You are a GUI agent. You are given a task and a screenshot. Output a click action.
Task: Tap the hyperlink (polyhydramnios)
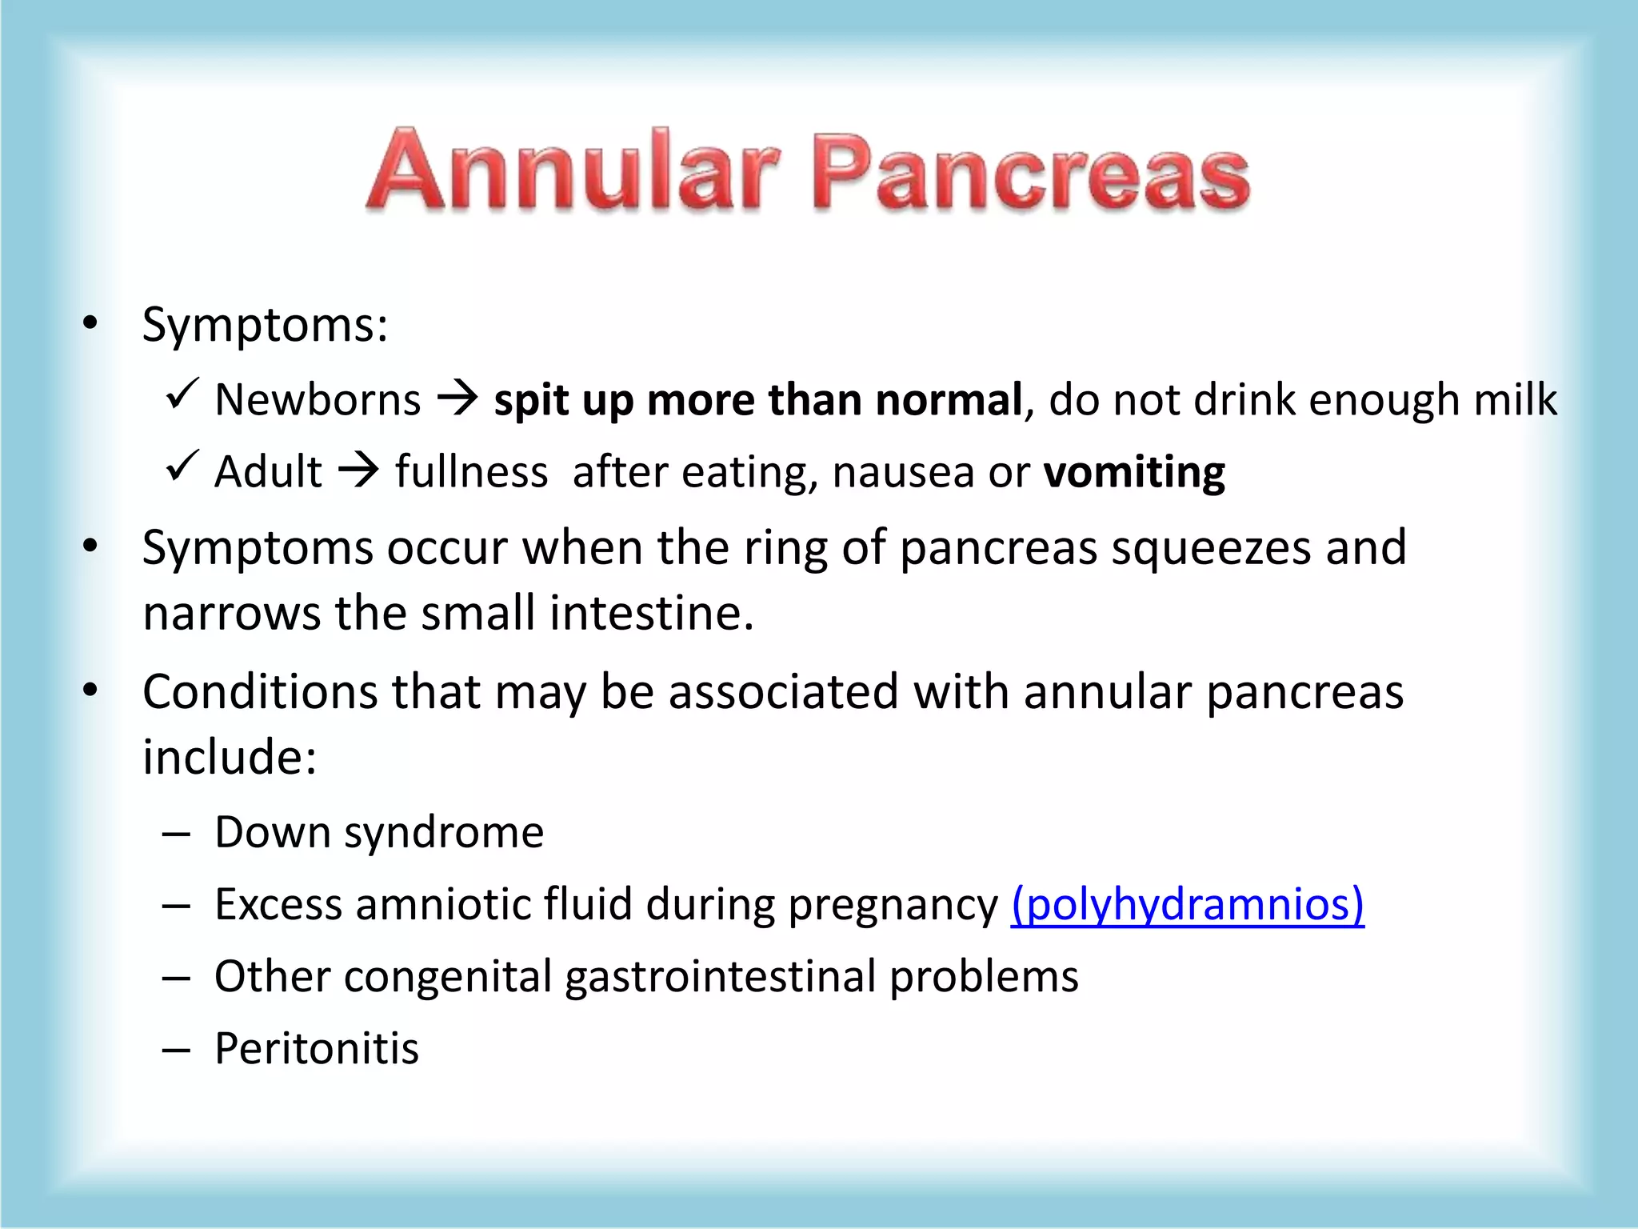coord(1187,905)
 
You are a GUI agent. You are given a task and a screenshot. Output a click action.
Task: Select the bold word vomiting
coord(1134,472)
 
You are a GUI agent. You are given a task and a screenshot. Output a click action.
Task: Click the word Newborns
coord(318,399)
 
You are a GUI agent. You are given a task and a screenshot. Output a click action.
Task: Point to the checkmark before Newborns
coord(182,394)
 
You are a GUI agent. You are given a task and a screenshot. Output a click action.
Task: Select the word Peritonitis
coord(317,1048)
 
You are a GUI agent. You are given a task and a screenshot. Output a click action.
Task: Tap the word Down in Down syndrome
coord(272,832)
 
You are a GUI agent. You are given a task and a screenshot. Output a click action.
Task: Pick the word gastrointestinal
coord(720,977)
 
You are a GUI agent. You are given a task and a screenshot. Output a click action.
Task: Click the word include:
coord(230,757)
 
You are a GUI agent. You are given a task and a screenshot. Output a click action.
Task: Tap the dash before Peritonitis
coord(176,1050)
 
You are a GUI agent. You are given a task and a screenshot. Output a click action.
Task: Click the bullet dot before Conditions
coord(90,690)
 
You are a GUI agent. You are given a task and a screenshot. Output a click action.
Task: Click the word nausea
coord(904,472)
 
